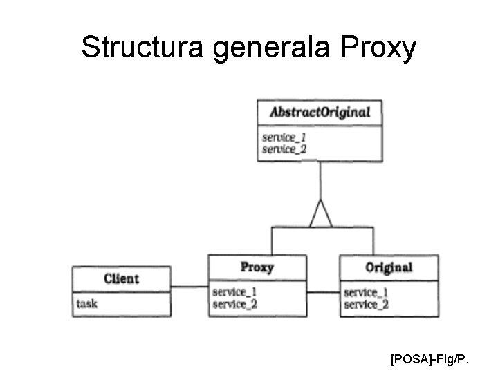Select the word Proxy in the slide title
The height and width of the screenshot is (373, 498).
pos(378,48)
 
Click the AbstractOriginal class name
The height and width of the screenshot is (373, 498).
pos(320,112)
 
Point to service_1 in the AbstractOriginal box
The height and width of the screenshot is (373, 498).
pos(284,137)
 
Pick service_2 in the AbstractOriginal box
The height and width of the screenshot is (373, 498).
pos(284,149)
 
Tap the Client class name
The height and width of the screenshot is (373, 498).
pos(121,279)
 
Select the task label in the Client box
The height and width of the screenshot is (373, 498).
pos(87,303)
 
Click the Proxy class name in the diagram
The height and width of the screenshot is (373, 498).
pos(257,267)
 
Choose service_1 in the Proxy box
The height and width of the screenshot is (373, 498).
pos(234,292)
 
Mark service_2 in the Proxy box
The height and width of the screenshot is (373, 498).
pos(234,304)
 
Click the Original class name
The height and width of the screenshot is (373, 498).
pos(388,267)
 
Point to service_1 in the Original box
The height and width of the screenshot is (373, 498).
pos(366,292)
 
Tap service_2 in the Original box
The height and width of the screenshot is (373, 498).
pos(366,304)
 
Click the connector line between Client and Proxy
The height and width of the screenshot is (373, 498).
pos(189,287)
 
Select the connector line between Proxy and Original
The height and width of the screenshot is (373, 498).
pos(323,292)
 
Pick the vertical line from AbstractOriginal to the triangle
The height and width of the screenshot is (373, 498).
pos(320,180)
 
